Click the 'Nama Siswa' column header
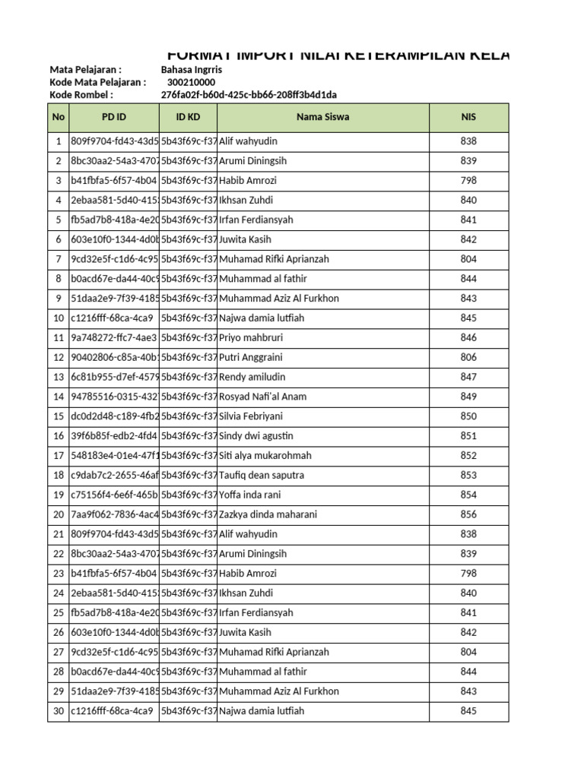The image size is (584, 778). coord(323,118)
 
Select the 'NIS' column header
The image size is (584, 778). coord(468,118)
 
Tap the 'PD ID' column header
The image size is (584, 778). coord(114,118)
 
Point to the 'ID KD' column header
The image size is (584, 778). coord(188,118)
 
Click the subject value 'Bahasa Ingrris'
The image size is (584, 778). coord(192,69)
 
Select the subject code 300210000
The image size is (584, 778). coord(191,82)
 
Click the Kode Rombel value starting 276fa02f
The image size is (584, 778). coord(249,95)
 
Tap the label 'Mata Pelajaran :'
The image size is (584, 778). coord(85,69)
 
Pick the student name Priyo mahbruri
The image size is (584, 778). coord(252,337)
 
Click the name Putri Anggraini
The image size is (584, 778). coord(252,357)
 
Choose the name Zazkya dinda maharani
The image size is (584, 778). coord(268,514)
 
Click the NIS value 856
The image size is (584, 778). coord(468,514)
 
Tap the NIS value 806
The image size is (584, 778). coord(468,357)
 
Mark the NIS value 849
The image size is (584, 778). coord(468,397)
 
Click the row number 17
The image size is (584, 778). coord(59,456)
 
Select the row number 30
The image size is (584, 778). coord(59,711)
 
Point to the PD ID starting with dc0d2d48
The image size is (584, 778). coord(114,416)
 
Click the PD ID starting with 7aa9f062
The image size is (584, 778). coord(114,514)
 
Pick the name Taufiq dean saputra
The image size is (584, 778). coord(262,475)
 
